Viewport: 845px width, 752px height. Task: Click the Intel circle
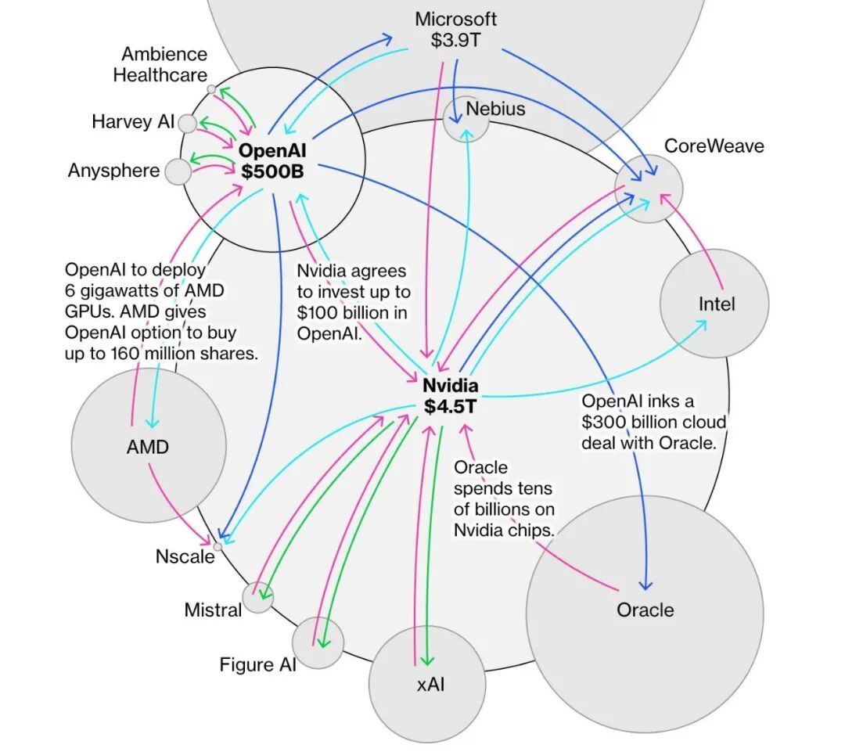pyautogui.click(x=715, y=304)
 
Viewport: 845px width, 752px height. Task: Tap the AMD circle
pyautogui.click(x=148, y=448)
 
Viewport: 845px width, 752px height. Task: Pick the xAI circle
pyautogui.click(x=427, y=684)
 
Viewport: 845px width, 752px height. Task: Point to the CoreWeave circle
pyautogui.click(x=649, y=189)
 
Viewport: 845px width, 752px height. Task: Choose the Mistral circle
pyautogui.click(x=257, y=598)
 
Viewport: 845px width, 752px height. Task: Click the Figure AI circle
pyautogui.click(x=318, y=642)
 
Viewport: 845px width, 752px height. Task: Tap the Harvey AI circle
pyautogui.click(x=187, y=123)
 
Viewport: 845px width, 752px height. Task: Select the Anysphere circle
pyautogui.click(x=178, y=171)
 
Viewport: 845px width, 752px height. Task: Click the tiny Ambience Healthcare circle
pyautogui.click(x=211, y=89)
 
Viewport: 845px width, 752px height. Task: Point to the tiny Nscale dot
pyautogui.click(x=218, y=546)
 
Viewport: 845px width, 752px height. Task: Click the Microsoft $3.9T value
pyautogui.click(x=455, y=40)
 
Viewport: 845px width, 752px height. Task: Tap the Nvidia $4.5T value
pyautogui.click(x=451, y=406)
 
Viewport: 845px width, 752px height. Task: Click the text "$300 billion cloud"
pyautogui.click(x=653, y=423)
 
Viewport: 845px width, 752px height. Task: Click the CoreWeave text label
pyautogui.click(x=714, y=146)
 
